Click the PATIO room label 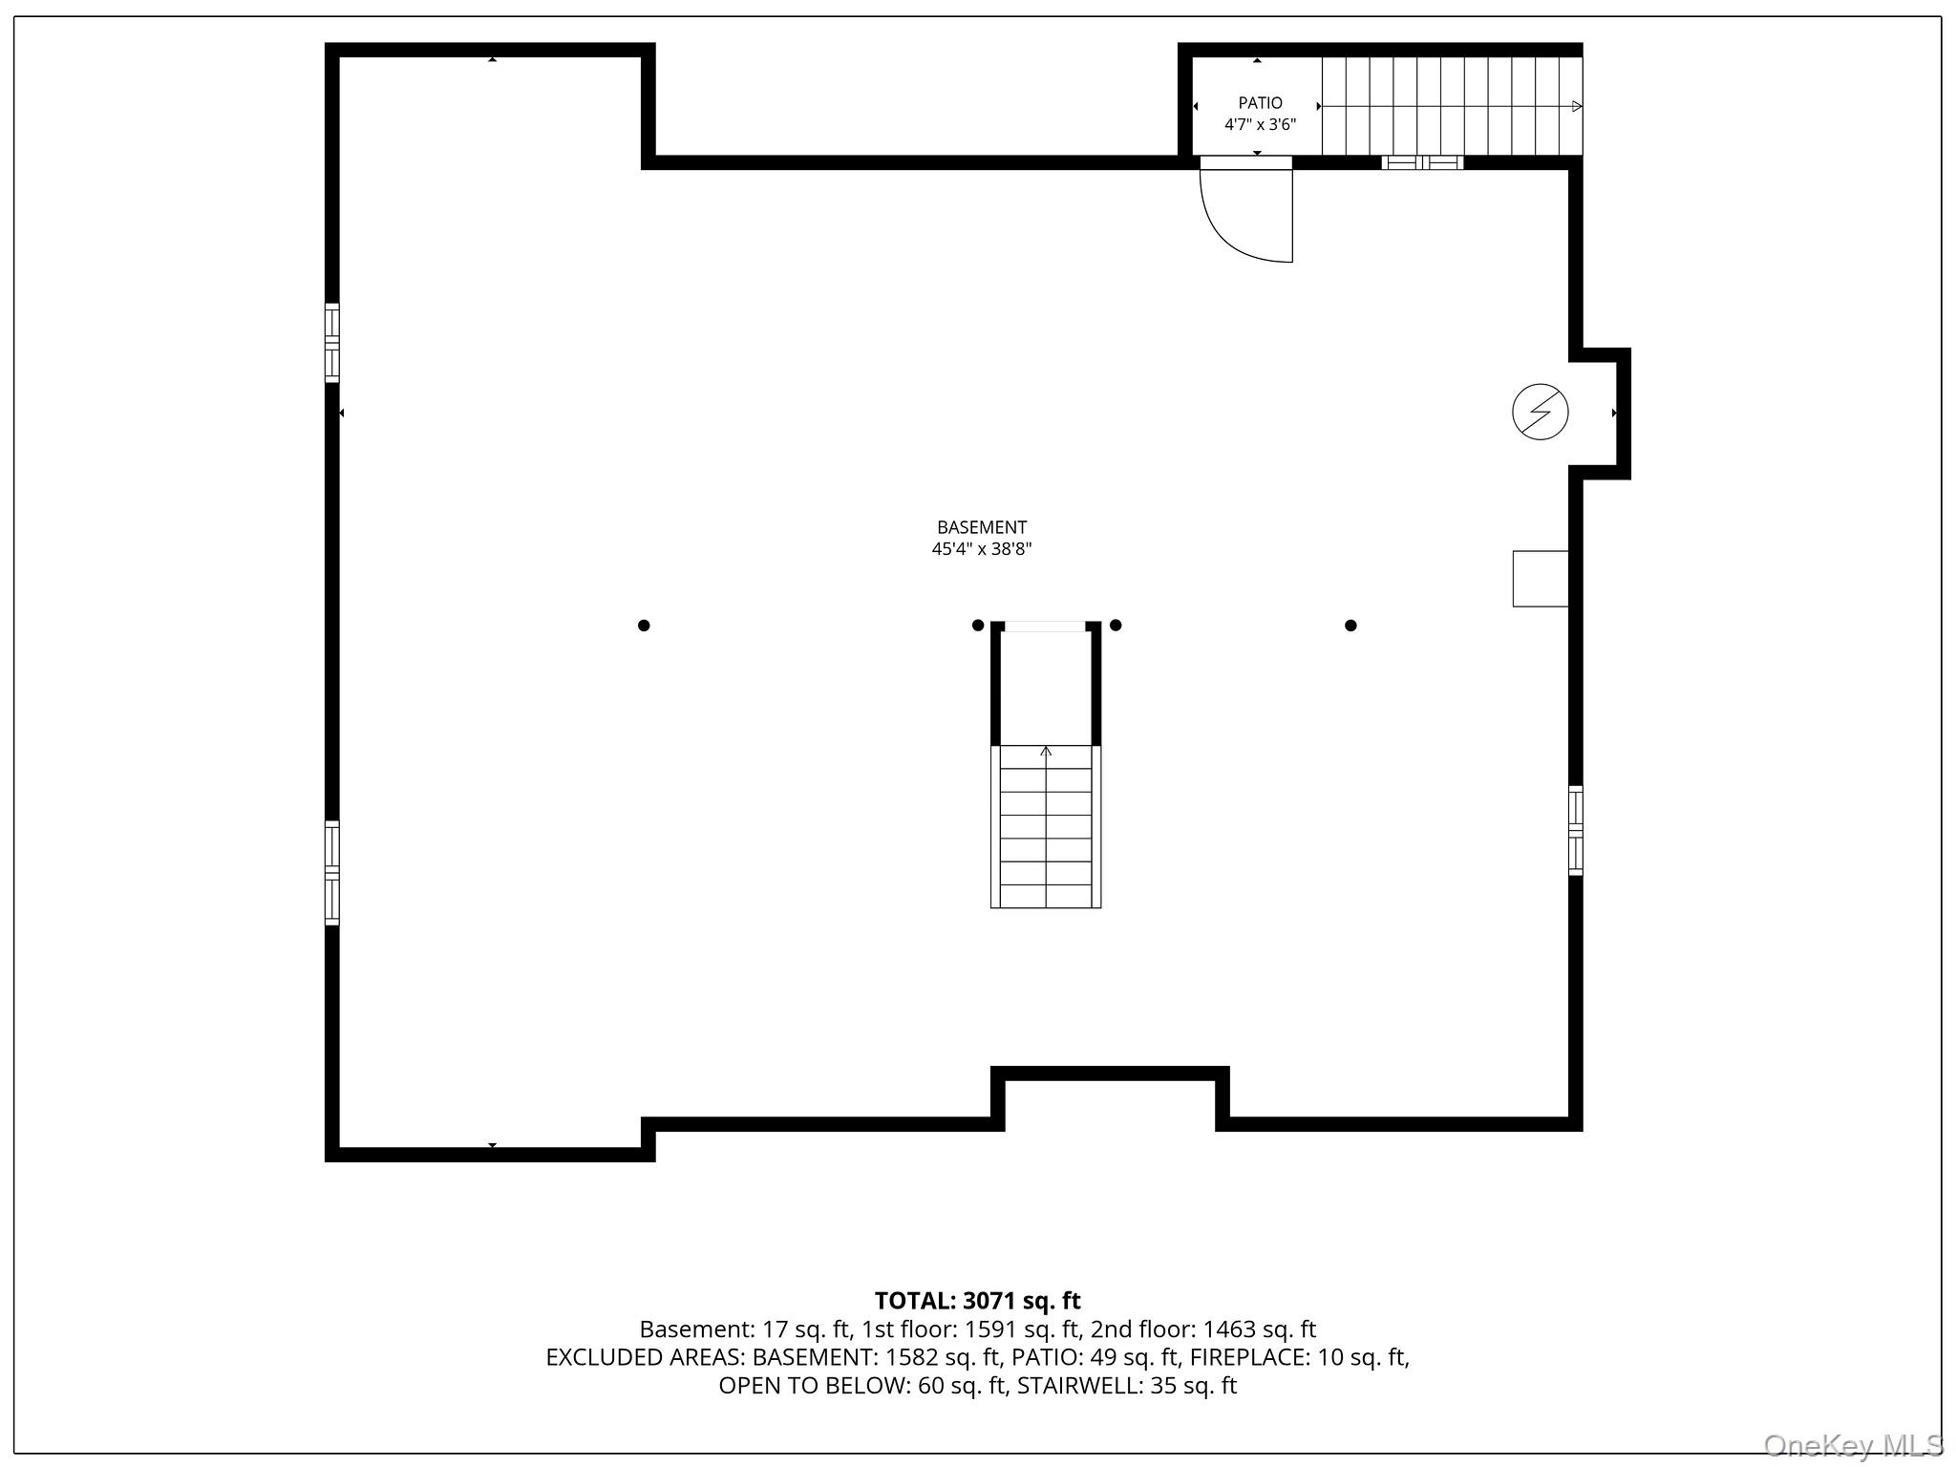tap(1260, 103)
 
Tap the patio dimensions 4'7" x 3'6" tap(1260, 124)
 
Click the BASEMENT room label tap(982, 527)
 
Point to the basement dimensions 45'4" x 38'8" tap(982, 549)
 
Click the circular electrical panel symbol tap(1540, 413)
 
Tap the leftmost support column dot tap(644, 626)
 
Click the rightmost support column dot tap(1350, 626)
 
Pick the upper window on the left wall tap(332, 343)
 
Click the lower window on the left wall tap(332, 873)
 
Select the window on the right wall tap(1576, 830)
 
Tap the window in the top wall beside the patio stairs tap(1422, 162)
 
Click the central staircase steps tap(1046, 826)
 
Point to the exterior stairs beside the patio tap(1452, 106)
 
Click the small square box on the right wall tap(1541, 579)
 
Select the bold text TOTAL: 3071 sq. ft tap(978, 1301)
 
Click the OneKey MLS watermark tap(1854, 1445)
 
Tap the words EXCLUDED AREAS tap(646, 1357)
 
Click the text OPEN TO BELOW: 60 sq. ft tap(863, 1386)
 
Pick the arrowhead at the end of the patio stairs tap(1577, 106)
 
